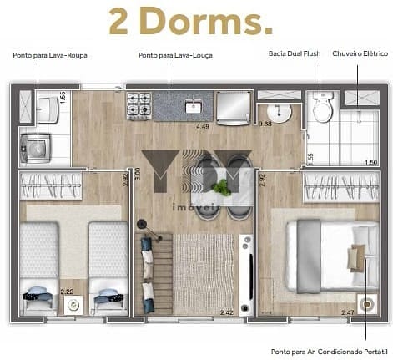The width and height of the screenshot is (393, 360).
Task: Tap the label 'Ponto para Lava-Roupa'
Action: [x=50, y=55]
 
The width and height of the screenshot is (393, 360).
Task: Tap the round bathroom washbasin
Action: [x=276, y=113]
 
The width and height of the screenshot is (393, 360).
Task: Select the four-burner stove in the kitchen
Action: [x=139, y=105]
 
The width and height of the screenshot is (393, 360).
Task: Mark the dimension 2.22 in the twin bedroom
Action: [x=67, y=292]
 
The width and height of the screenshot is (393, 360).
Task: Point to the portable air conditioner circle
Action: [x=365, y=304]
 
